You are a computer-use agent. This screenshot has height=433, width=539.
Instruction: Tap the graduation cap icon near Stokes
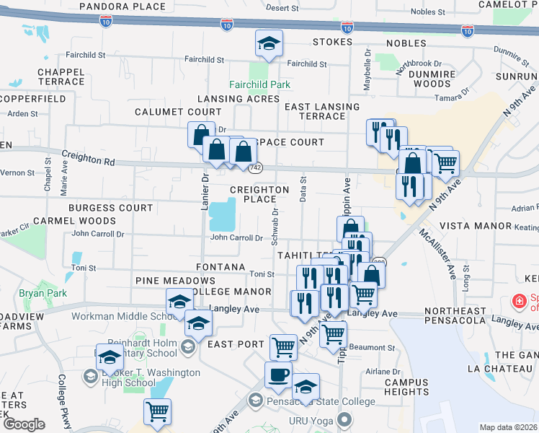[269, 44]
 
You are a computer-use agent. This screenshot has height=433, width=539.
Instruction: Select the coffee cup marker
[279, 375]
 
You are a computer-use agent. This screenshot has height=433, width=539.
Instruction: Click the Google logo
[24, 424]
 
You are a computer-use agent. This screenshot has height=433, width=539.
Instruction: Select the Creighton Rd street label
[89, 158]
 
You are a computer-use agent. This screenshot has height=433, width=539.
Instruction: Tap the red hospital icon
[517, 300]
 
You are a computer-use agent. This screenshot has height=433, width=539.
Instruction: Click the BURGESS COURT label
[111, 208]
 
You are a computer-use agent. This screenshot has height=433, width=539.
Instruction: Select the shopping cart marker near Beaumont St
[334, 334]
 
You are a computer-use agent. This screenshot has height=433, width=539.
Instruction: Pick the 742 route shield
[255, 167]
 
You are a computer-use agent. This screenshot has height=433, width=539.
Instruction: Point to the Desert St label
[282, 8]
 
